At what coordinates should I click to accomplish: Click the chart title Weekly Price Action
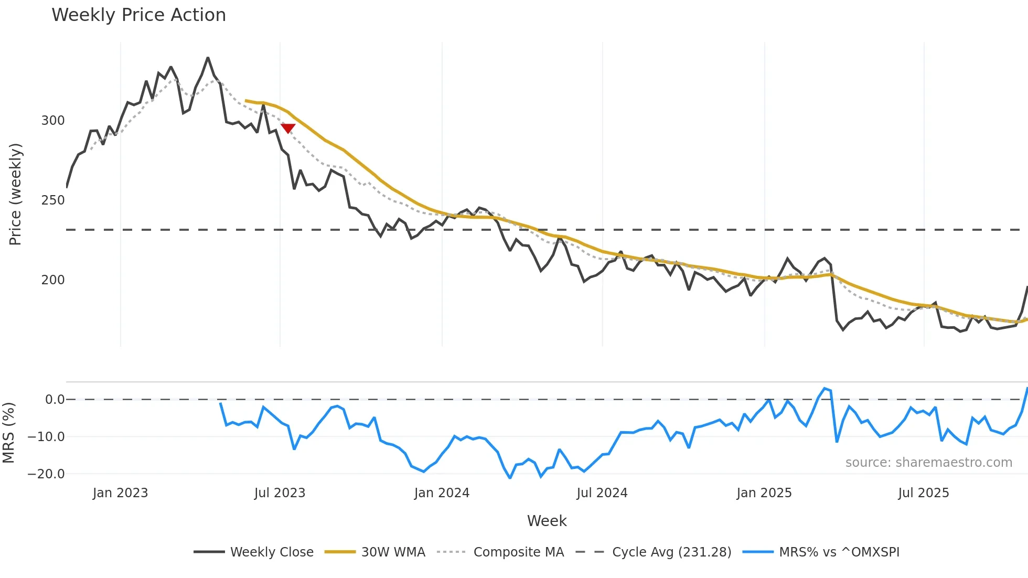click(138, 15)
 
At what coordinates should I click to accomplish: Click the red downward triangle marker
click(288, 128)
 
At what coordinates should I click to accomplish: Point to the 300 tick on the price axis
click(53, 121)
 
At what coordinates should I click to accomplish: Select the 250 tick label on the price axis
click(53, 200)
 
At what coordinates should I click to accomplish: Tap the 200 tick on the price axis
click(53, 280)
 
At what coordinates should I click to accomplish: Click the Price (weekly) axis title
click(15, 194)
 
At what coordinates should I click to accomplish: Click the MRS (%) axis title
click(8, 432)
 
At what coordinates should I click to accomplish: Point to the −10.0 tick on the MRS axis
click(46, 437)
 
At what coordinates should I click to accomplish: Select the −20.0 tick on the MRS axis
click(46, 474)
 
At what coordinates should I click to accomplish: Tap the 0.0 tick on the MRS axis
click(55, 400)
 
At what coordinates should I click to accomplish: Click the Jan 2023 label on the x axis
click(120, 493)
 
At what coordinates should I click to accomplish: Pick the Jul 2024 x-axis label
click(602, 493)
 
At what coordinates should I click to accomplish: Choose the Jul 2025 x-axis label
click(923, 493)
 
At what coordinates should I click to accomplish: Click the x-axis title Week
click(547, 521)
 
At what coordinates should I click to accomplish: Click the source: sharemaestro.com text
click(928, 463)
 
